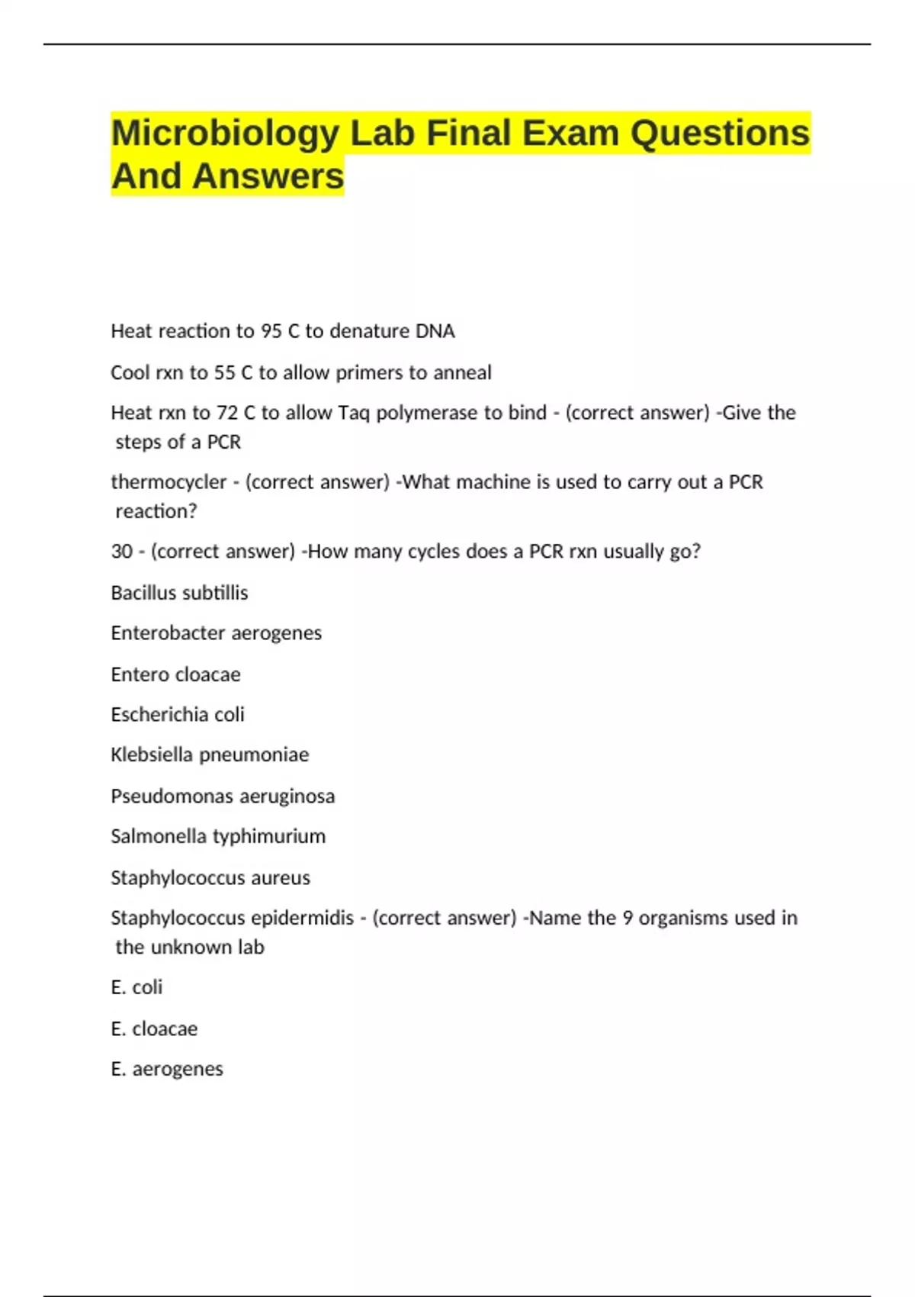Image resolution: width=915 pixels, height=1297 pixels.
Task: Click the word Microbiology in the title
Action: tap(225, 134)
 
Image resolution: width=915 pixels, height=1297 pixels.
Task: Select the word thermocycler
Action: tap(169, 482)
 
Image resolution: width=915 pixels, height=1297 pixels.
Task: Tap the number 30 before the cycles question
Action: tap(122, 552)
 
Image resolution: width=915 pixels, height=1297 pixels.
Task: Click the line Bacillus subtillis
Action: tap(179, 593)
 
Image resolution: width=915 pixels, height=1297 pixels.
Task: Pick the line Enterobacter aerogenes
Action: tap(216, 633)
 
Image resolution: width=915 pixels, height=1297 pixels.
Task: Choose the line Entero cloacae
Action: tap(175, 674)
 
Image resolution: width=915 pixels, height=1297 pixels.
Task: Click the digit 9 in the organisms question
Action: tap(628, 918)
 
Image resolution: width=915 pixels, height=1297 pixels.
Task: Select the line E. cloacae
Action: tap(154, 1029)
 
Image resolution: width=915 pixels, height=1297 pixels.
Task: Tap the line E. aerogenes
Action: tap(167, 1069)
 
